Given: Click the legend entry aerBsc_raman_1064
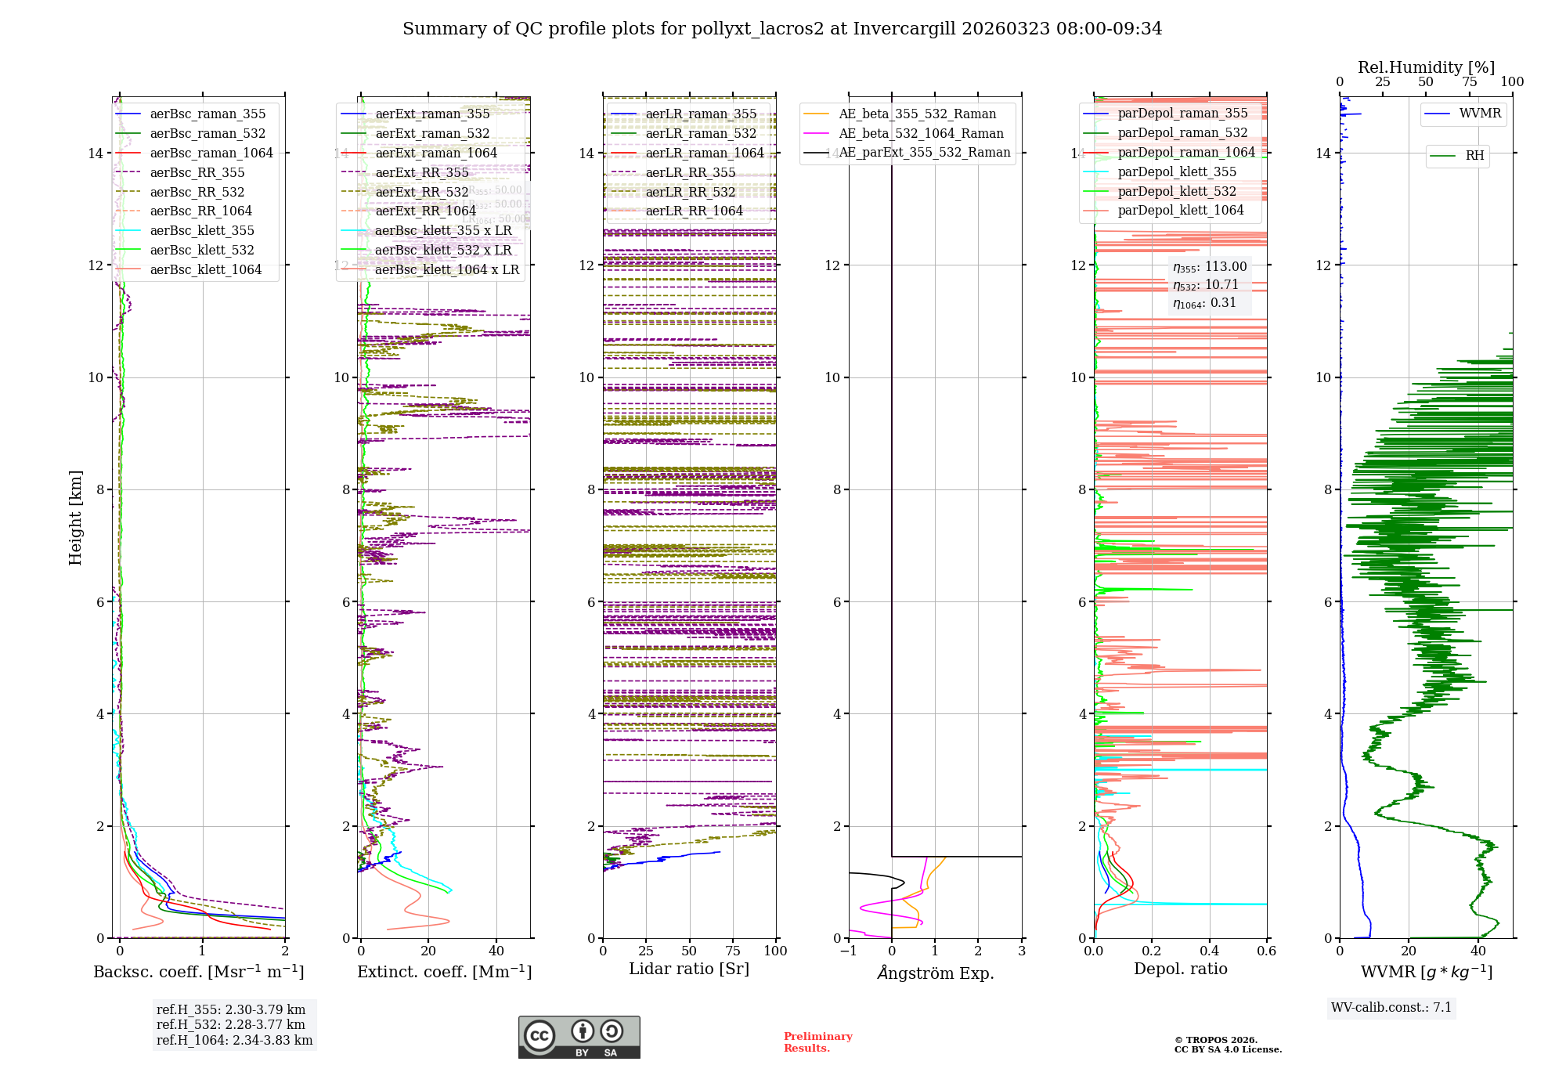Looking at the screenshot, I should [x=211, y=153].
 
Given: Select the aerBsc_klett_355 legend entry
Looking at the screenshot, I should [x=202, y=230].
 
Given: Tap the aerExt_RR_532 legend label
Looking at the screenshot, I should [x=422, y=192].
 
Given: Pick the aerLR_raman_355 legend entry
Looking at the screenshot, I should [x=701, y=114].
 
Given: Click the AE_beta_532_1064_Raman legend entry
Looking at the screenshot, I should [x=921, y=133].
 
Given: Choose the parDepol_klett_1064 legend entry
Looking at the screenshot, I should [x=1181, y=210].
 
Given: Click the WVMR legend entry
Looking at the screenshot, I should [x=1480, y=114].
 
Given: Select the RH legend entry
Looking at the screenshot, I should [x=1474, y=155].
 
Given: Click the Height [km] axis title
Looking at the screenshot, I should [x=75, y=518].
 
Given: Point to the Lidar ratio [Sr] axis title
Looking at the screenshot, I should [x=689, y=969].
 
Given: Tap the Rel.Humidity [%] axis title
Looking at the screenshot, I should [x=1426, y=67].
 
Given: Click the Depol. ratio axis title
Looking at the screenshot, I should [x=1180, y=969].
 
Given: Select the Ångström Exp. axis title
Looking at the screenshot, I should [x=935, y=973].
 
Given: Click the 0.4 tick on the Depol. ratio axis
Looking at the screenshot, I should [x=1209, y=951].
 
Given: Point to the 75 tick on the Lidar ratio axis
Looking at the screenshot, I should [x=733, y=951].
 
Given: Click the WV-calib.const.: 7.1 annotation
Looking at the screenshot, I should [x=1391, y=1007].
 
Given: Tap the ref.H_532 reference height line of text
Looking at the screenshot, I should [x=231, y=1024].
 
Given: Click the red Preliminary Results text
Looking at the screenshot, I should [x=817, y=1042].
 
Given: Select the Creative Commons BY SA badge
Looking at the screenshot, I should [x=579, y=1038].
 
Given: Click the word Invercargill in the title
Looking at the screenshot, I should [x=904, y=29].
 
